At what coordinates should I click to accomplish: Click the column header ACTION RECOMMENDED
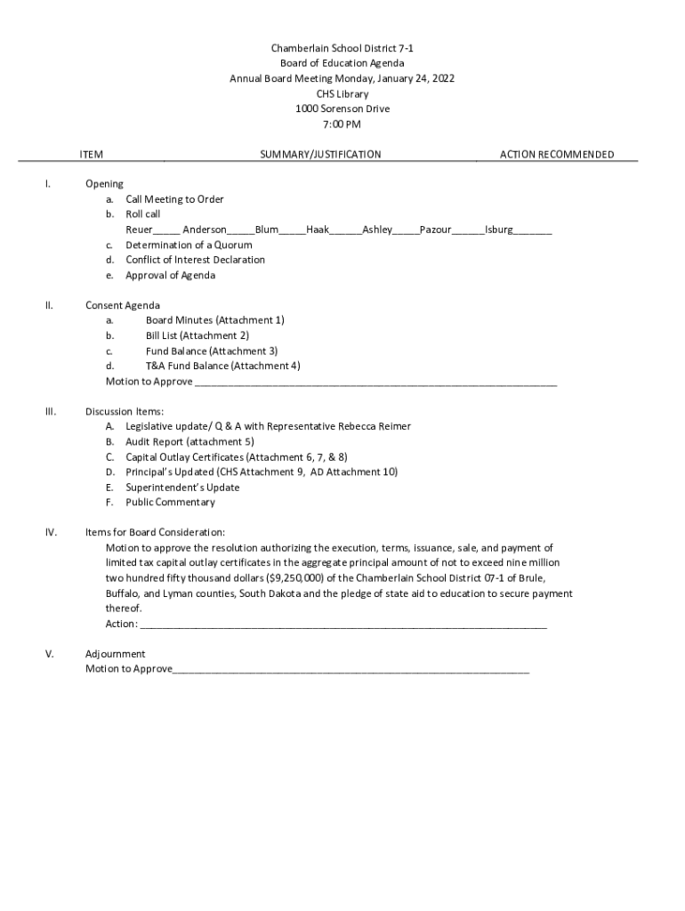point(556,155)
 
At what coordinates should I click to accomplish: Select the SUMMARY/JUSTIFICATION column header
point(320,155)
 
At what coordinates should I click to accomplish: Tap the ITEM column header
point(92,155)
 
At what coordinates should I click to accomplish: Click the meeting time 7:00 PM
point(342,125)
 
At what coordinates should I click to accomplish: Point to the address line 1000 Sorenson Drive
point(342,109)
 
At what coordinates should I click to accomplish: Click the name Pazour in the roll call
point(435,230)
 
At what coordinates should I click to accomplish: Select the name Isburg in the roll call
point(498,230)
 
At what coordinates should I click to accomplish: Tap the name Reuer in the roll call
point(139,230)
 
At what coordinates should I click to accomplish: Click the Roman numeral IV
point(52,533)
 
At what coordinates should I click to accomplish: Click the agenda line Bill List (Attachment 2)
point(197,335)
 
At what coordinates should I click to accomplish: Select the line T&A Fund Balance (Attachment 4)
point(222,366)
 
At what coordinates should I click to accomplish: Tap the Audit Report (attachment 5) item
point(189,441)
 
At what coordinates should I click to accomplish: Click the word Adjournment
point(115,654)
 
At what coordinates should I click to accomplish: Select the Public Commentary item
point(170,503)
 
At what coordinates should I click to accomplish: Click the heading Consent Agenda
point(123,305)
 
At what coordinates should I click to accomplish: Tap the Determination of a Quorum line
point(189,245)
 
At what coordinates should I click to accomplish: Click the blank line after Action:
point(342,625)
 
